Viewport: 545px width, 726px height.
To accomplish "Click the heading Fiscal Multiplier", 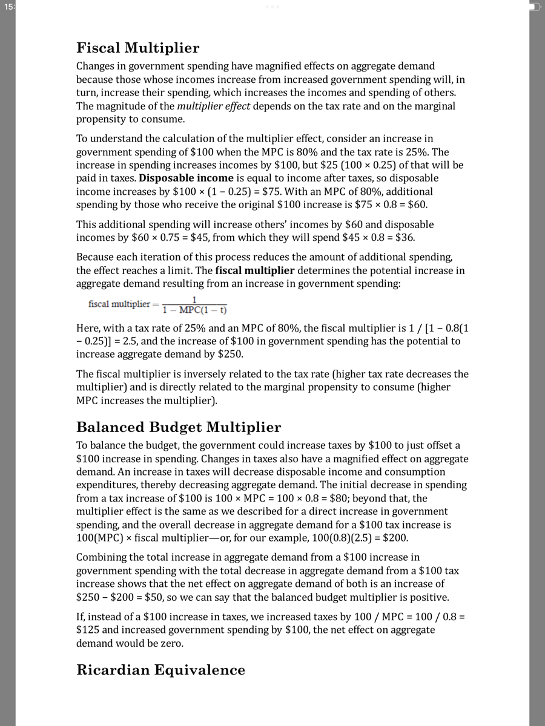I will point(137,48).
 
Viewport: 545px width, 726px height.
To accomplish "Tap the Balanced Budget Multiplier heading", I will point(179,427).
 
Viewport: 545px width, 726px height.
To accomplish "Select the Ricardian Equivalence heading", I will point(160,670).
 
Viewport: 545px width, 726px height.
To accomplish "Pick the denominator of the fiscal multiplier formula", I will point(198,311).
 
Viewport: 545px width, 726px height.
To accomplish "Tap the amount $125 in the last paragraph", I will point(87,630).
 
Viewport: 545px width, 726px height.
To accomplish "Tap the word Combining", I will point(101,557).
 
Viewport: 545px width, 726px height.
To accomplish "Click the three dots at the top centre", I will point(272,7).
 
